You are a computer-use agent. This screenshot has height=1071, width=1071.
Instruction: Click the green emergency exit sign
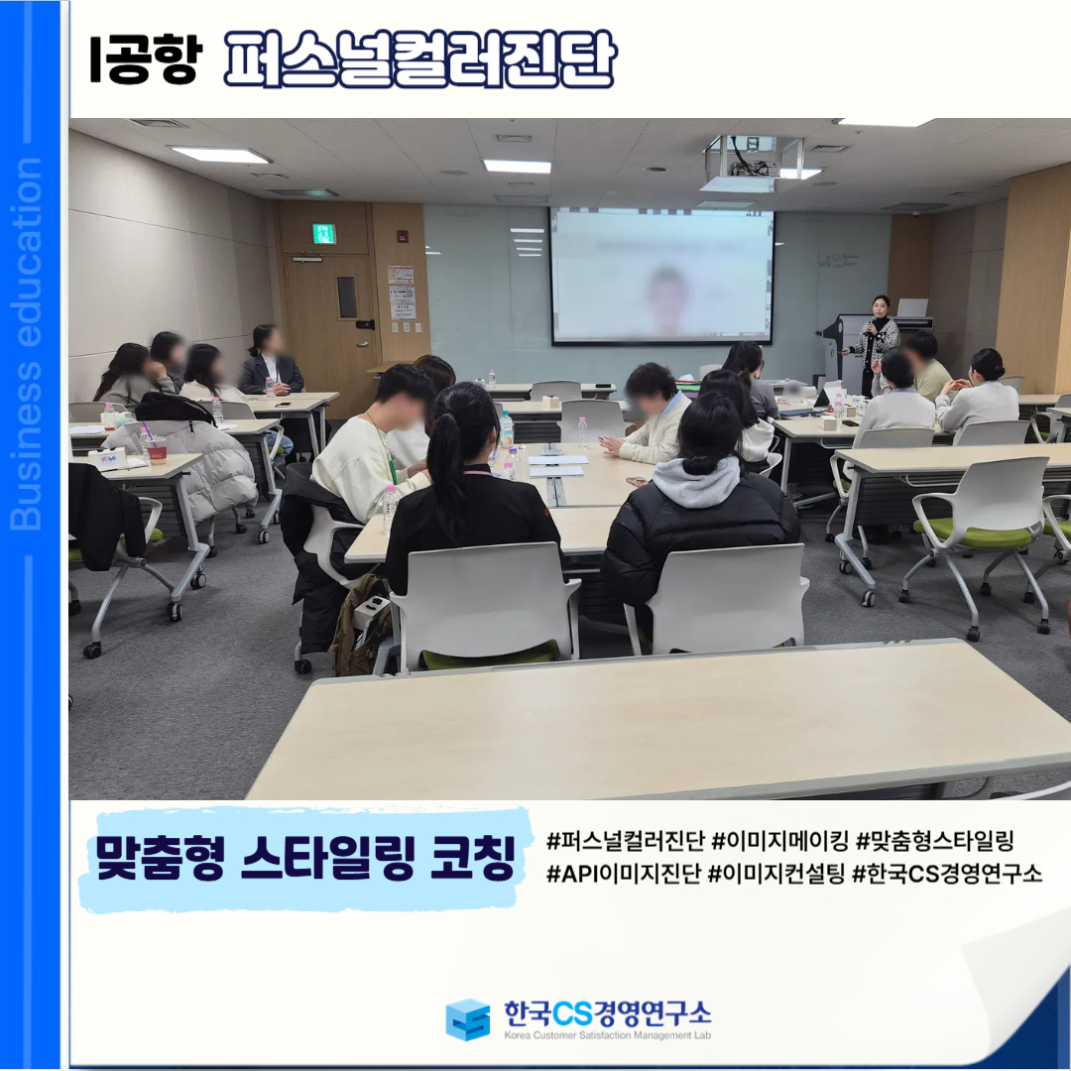pyautogui.click(x=323, y=234)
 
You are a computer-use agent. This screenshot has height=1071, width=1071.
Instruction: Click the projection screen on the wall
pyautogui.click(x=661, y=277)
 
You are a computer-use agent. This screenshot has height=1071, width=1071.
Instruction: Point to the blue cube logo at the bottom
pyautogui.click(x=467, y=1019)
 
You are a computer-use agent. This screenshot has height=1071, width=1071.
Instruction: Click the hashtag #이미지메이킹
pyautogui.click(x=779, y=841)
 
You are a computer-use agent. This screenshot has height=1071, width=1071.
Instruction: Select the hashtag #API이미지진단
pyautogui.click(x=624, y=874)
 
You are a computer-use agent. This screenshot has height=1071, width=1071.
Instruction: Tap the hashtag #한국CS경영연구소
pyautogui.click(x=947, y=874)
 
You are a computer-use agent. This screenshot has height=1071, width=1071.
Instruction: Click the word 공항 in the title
pyautogui.click(x=155, y=59)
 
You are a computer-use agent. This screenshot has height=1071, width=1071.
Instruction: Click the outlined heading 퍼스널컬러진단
pyautogui.click(x=419, y=59)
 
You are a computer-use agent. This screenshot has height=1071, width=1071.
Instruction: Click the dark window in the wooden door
pyautogui.click(x=347, y=297)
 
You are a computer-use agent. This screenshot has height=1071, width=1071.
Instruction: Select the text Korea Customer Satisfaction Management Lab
pyautogui.click(x=607, y=1034)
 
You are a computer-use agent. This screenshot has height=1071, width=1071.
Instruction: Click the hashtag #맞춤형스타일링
pyautogui.click(x=935, y=841)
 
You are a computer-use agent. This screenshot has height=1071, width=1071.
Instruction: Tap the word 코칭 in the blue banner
pyautogui.click(x=473, y=858)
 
